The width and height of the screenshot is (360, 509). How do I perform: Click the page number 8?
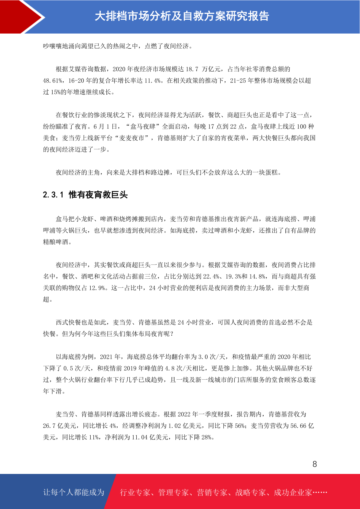click(x=315, y=464)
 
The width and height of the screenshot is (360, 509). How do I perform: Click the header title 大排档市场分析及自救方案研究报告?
click(x=182, y=16)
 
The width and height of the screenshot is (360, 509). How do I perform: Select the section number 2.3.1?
click(x=53, y=195)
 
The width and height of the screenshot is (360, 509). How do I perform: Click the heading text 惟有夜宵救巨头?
click(x=98, y=195)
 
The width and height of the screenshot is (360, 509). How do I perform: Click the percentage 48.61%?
click(x=53, y=81)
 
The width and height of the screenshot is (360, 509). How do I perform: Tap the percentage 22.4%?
click(x=211, y=277)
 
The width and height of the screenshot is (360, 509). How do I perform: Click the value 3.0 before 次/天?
click(x=203, y=357)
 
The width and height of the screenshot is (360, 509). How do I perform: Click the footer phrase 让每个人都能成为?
click(x=74, y=492)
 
